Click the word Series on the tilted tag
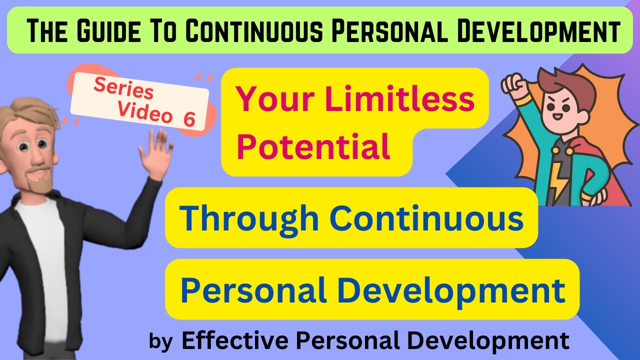[x=123, y=89]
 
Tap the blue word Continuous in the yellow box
[x=426, y=218]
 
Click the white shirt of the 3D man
[x=42, y=250]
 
